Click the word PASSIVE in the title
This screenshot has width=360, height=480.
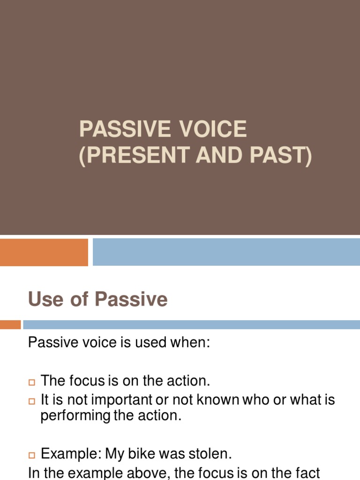117,129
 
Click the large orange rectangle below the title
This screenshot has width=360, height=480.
44,252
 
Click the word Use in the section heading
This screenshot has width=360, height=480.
45,299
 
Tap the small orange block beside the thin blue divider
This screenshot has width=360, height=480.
10,324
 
